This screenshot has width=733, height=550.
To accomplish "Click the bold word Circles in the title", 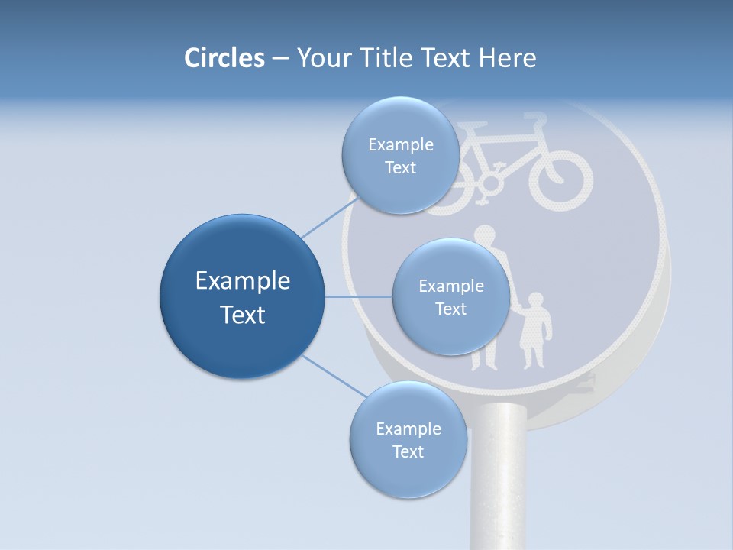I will click(224, 58).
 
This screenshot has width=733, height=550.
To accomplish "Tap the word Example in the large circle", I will click(242, 281).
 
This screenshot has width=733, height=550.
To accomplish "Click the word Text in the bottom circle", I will click(408, 451).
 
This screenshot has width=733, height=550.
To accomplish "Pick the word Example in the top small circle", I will click(400, 145).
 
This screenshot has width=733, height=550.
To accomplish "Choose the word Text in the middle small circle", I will click(450, 309).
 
